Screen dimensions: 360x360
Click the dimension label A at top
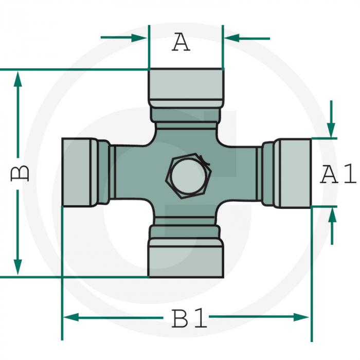point(181,42)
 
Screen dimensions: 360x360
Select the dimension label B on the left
point(20,173)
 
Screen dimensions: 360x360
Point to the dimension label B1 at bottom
point(189,319)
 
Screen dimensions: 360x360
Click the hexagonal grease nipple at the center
point(188,176)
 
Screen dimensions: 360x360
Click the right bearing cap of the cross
point(293,173)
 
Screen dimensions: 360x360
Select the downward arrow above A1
point(332,129)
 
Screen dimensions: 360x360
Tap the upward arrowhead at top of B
point(18,80)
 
